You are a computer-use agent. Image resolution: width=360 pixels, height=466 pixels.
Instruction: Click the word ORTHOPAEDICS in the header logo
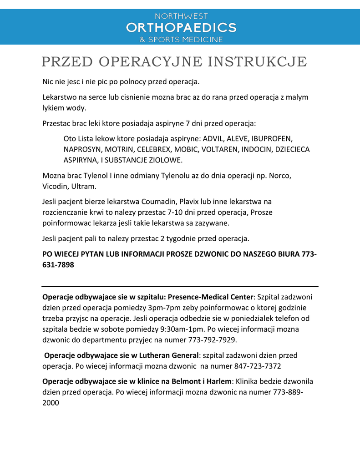[x=181, y=27]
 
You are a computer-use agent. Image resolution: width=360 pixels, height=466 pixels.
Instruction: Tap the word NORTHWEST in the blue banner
[x=181, y=16]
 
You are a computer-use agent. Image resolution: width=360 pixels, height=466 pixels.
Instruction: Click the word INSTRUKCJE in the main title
[x=258, y=61]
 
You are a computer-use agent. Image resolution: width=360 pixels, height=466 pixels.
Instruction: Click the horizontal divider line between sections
[x=180, y=287]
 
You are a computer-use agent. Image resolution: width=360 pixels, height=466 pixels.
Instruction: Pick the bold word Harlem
[x=219, y=381]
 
